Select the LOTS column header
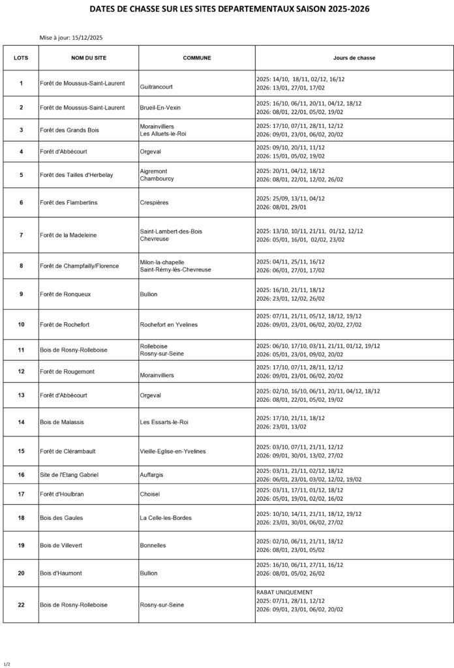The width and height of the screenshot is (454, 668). pyautogui.click(x=21, y=57)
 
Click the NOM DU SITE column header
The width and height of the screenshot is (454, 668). pyautogui.click(x=89, y=57)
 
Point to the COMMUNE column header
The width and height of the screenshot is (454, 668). pyautogui.click(x=197, y=57)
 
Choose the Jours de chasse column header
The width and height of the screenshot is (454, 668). pyautogui.click(x=354, y=57)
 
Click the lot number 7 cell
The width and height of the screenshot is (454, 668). pyautogui.click(x=21, y=235)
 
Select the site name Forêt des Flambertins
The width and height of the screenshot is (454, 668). pyautogui.click(x=68, y=202)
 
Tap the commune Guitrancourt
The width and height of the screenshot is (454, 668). pyautogui.click(x=157, y=86)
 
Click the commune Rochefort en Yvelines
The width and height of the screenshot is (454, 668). pyautogui.click(x=169, y=324)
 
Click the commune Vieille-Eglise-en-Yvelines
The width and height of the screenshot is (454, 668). pyautogui.click(x=173, y=451)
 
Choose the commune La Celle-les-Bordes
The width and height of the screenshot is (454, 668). pyautogui.click(x=166, y=517)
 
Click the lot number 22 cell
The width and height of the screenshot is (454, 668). pyautogui.click(x=21, y=605)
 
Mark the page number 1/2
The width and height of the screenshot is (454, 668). pyautogui.click(x=7, y=663)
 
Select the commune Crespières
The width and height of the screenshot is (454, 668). pyautogui.click(x=154, y=202)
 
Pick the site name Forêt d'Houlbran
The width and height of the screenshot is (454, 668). pyautogui.click(x=62, y=494)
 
